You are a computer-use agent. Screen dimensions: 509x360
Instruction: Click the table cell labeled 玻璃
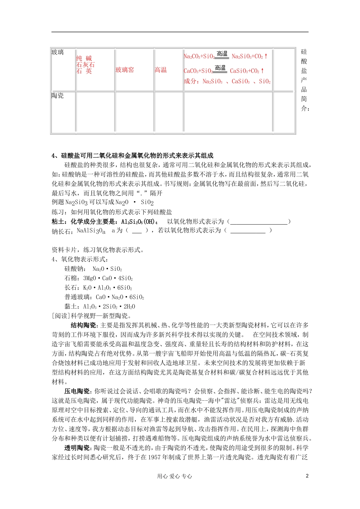point(58,52)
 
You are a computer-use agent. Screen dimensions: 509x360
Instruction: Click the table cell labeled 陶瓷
point(58,96)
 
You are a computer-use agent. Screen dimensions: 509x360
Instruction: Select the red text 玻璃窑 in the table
point(125,70)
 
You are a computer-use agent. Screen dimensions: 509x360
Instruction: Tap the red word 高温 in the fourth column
point(161,70)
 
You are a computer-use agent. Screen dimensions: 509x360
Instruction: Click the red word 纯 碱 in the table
point(84,58)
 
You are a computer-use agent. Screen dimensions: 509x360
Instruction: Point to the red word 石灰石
point(85,65)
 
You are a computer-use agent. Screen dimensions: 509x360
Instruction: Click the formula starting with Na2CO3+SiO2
point(226,56)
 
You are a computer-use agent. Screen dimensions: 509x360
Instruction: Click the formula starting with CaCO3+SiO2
point(224,70)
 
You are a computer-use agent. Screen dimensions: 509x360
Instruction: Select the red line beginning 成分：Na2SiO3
point(227,81)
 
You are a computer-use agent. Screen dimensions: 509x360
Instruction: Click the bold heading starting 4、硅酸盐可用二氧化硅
point(133,156)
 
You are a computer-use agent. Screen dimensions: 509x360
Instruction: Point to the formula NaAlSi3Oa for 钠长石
point(91,231)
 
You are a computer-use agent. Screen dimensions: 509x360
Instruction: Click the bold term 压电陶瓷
point(77,391)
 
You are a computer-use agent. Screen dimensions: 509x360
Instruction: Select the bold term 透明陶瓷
point(77,448)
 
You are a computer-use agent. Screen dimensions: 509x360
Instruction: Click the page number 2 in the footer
point(307,476)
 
